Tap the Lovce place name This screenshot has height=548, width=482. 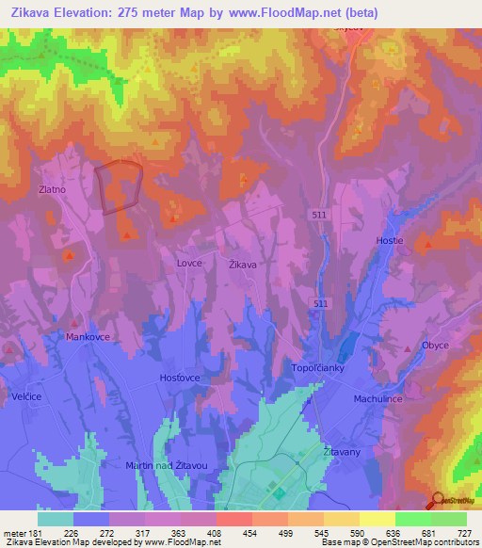pos(189,264)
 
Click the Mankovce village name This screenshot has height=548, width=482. pos(88,335)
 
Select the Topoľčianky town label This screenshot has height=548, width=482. pos(321,368)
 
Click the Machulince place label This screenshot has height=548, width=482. pos(405,398)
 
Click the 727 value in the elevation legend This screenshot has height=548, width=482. pos(465,532)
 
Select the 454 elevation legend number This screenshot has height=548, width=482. pos(251,532)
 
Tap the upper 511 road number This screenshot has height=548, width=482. pos(320,216)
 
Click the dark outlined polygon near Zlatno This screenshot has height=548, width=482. pos(120,185)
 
